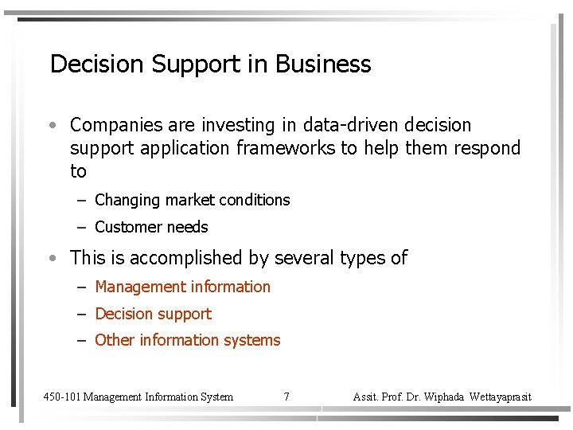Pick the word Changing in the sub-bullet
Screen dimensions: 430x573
pos(127,200)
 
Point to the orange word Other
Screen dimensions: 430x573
pos(115,340)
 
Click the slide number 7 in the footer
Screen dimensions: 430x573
pos(286,397)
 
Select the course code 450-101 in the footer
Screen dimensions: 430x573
pos(61,397)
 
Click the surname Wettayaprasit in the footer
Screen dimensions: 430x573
pos(501,397)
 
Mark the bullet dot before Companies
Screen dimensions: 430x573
pos(52,126)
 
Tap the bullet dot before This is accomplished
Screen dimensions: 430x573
pos(52,259)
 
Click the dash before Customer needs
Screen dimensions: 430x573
pos(81,228)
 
